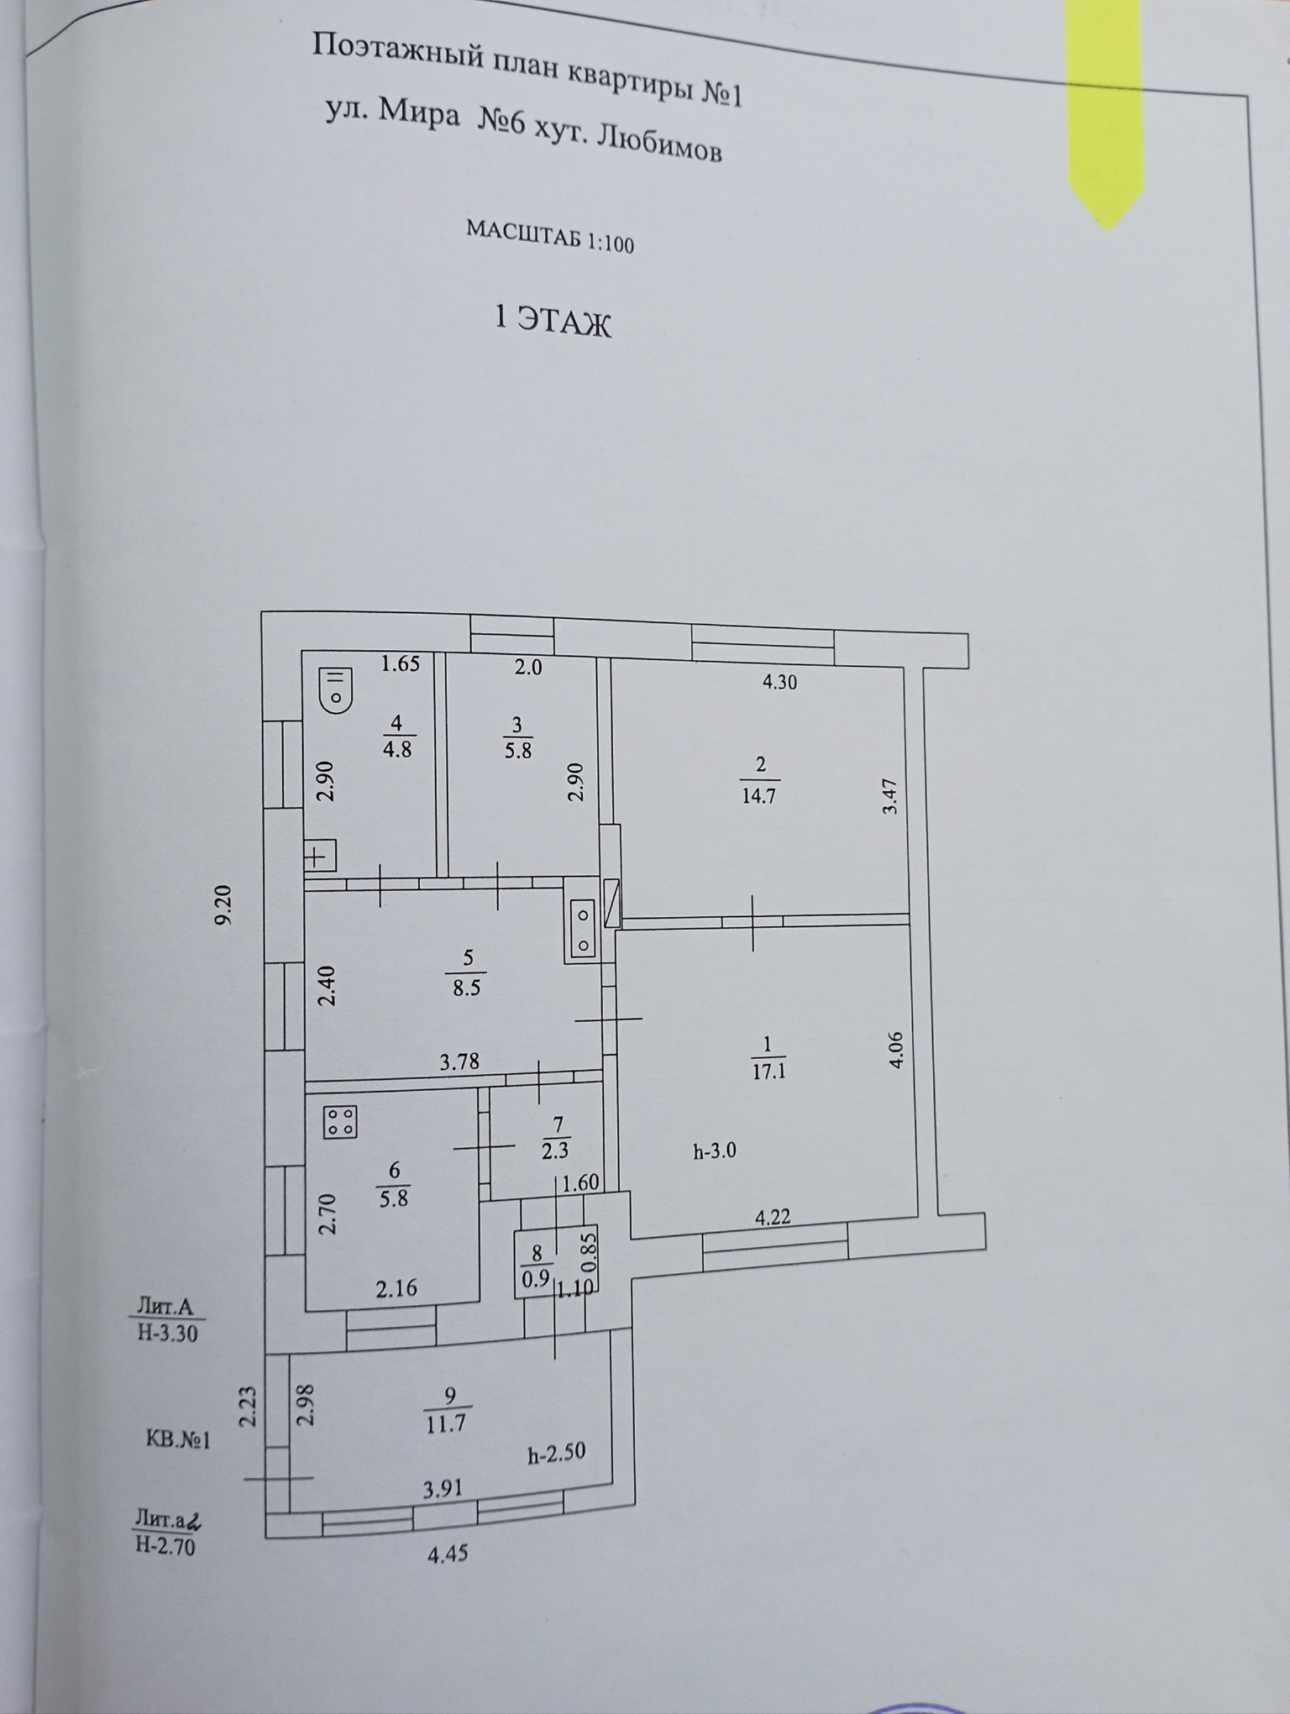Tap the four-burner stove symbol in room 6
click(340, 1121)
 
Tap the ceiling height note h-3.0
click(715, 1151)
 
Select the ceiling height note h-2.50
click(556, 1455)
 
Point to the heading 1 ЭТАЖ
click(553, 322)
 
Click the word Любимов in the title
click(658, 146)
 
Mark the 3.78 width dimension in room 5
click(459, 1061)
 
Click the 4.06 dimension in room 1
click(898, 1049)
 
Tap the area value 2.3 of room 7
click(554, 1151)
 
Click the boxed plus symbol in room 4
click(318, 857)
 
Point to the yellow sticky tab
click(1104, 109)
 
